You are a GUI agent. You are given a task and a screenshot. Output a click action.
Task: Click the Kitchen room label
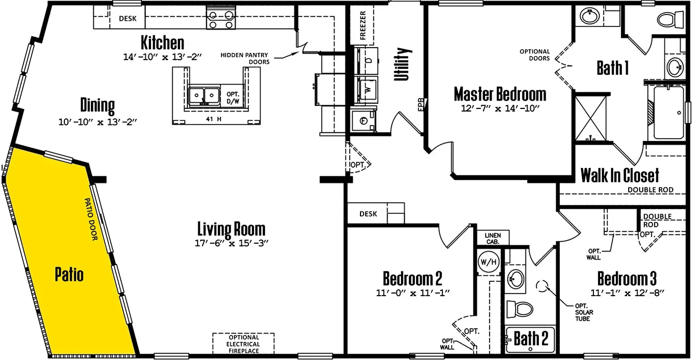(x=162, y=43)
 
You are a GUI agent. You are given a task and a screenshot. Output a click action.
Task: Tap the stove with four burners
(x=221, y=20)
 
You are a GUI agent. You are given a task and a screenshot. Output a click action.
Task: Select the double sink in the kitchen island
(x=204, y=95)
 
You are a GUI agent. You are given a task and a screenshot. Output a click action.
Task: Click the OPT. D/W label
(x=232, y=98)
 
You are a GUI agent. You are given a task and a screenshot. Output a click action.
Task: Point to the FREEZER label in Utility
(x=363, y=25)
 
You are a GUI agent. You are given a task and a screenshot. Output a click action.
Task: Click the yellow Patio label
(x=69, y=274)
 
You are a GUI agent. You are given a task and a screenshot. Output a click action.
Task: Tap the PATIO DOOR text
(x=91, y=219)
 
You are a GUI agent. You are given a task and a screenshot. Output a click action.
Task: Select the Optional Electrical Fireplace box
(x=243, y=343)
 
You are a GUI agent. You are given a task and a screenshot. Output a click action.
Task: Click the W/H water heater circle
(x=489, y=262)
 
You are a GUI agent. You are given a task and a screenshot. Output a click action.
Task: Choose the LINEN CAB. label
(x=493, y=238)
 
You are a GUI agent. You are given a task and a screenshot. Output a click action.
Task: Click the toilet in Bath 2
(x=520, y=309)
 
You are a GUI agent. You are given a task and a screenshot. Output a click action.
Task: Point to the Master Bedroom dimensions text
(x=500, y=108)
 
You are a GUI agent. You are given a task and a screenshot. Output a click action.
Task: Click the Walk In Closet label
(x=620, y=175)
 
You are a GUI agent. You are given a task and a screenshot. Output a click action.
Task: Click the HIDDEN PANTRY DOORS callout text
(x=244, y=59)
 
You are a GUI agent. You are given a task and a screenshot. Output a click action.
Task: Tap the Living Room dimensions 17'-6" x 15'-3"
(x=231, y=243)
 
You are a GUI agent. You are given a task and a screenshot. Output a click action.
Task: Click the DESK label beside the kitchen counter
(x=128, y=19)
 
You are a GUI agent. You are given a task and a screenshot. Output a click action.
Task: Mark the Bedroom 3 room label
(x=627, y=279)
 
